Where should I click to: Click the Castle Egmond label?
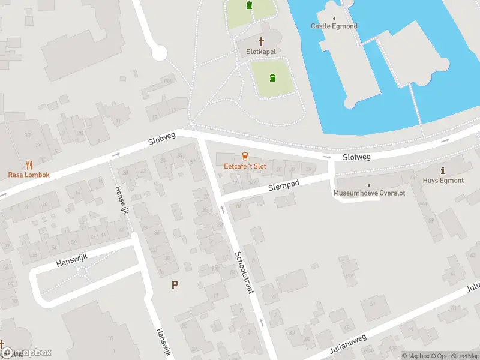(x=334, y=26)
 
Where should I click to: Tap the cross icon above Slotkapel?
(x=261, y=41)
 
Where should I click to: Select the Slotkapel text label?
(x=261, y=52)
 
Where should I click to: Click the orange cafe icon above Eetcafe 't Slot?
(x=245, y=156)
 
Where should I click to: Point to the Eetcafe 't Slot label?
(x=245, y=166)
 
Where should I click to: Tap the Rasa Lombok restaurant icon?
(x=28, y=164)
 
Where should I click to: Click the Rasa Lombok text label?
(x=28, y=175)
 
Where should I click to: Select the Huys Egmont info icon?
(x=443, y=170)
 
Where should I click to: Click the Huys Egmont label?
(x=443, y=180)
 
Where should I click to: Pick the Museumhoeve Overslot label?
(x=369, y=193)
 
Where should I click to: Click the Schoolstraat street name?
(x=244, y=272)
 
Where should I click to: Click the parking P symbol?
(x=175, y=285)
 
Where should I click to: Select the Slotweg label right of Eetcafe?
(x=357, y=157)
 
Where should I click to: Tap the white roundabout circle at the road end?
(x=159, y=54)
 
